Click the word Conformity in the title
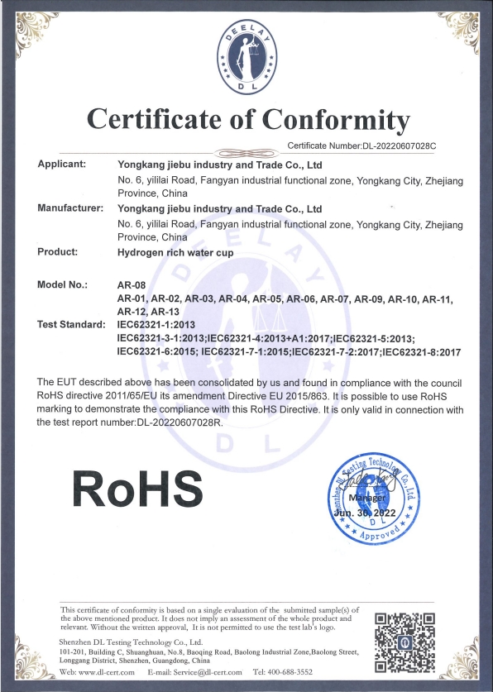[x=319, y=122]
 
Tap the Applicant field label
[x=62, y=164]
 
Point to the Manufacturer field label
[x=69, y=208]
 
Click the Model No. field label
[x=62, y=285]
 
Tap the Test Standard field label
[x=71, y=325]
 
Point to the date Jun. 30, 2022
[x=366, y=513]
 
